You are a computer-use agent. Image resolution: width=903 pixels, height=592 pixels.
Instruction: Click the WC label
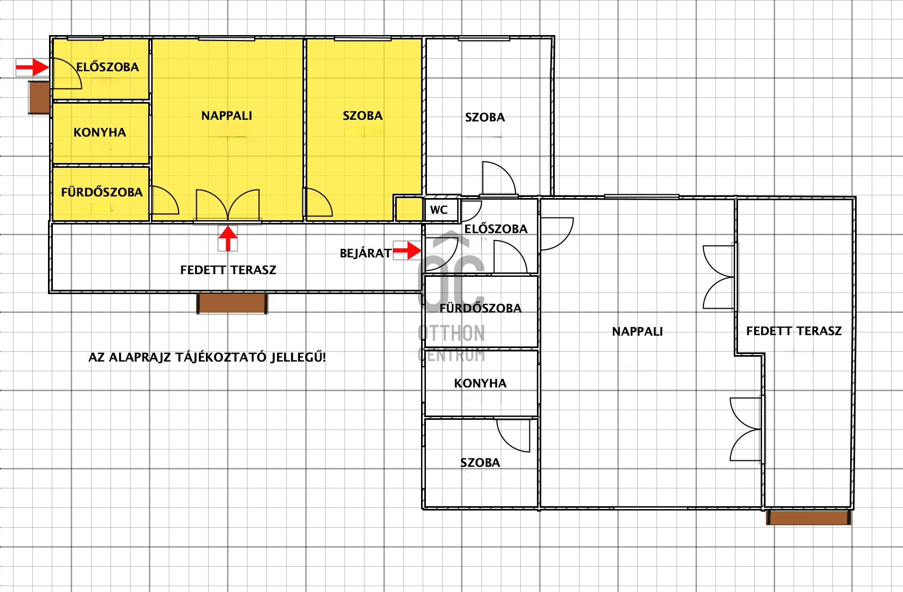439,210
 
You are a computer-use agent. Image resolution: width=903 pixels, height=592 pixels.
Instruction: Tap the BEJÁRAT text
366,254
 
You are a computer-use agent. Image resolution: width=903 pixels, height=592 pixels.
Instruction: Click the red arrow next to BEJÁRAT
407,250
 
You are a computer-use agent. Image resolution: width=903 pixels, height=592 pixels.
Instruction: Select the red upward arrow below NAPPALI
228,239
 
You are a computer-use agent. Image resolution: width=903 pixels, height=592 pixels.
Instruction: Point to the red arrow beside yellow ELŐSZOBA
33,67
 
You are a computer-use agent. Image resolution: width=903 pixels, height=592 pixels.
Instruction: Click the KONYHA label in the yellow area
100,132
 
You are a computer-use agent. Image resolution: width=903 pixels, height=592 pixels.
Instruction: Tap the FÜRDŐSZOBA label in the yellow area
102,192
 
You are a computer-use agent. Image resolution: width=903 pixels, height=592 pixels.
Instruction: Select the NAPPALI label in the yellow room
226,116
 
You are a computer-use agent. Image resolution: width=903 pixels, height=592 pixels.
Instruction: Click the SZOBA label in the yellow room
363,116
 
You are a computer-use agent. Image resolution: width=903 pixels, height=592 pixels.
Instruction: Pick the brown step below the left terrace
232,304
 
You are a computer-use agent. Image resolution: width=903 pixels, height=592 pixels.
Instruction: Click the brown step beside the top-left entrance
39,97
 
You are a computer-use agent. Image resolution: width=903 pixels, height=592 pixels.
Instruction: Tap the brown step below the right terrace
809,518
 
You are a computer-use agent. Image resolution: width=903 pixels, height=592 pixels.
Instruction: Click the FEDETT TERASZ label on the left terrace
228,270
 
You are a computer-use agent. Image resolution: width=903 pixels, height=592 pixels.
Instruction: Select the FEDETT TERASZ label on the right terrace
794,331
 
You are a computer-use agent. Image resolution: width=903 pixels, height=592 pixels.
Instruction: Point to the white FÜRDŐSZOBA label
480,308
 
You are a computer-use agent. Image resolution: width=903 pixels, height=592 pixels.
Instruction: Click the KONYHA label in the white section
480,383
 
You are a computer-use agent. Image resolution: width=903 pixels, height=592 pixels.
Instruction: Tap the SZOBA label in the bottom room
480,462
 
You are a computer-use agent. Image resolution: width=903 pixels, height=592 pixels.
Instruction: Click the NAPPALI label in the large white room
637,332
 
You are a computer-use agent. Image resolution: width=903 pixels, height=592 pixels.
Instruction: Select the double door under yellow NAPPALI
228,205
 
